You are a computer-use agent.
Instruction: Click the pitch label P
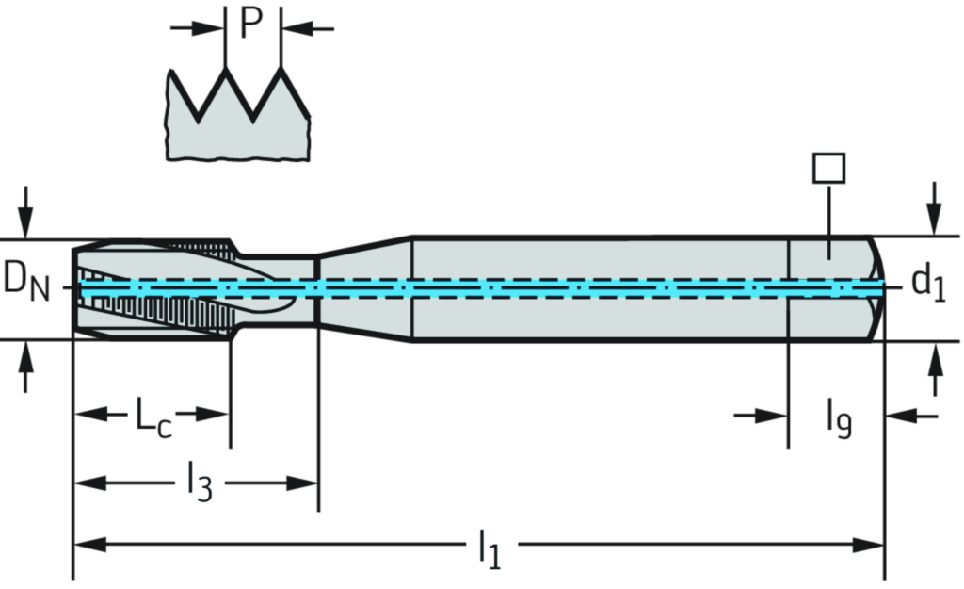[251, 24]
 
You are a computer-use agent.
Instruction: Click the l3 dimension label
[200, 480]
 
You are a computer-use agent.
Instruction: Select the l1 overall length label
[490, 549]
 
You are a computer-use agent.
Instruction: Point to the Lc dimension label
[152, 417]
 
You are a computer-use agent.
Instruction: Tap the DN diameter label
[25, 281]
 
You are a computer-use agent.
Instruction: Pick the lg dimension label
[840, 417]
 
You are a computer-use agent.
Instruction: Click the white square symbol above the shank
[828, 169]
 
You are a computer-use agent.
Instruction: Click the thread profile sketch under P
[238, 117]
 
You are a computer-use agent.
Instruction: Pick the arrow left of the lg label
[762, 416]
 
